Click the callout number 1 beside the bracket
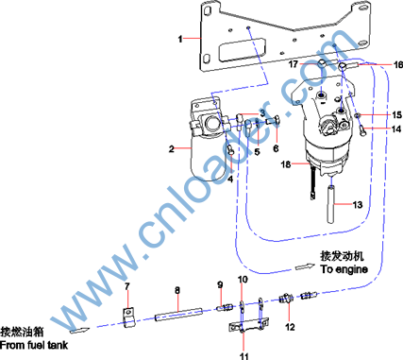[180, 39]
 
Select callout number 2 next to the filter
[172, 148]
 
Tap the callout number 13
[358, 205]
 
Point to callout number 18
[286, 164]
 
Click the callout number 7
[127, 286]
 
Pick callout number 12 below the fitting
[290, 327]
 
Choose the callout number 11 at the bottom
[244, 356]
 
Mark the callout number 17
[294, 64]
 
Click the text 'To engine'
[344, 269]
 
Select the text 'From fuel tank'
[34, 345]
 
